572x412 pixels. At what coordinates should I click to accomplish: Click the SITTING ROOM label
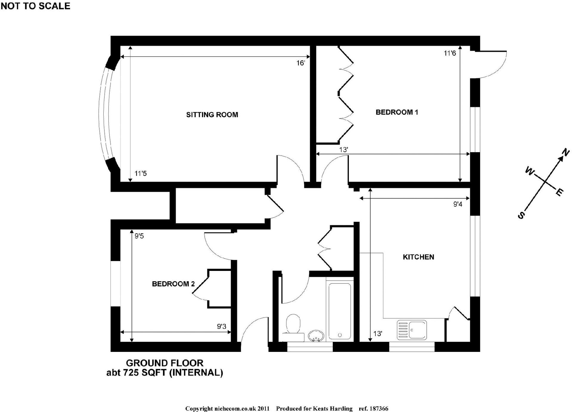(212, 115)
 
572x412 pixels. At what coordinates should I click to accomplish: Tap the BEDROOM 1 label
(397, 112)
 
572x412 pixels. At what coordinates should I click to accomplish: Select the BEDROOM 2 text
(173, 284)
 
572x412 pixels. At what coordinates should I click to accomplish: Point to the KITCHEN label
(418, 257)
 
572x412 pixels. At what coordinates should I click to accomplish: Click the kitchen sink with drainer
(412, 330)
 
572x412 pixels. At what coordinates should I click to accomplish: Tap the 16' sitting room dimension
(301, 63)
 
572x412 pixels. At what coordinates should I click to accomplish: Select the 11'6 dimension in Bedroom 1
(450, 53)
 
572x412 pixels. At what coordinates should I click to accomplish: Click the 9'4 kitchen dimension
(458, 204)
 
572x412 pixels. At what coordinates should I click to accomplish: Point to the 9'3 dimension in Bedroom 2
(222, 327)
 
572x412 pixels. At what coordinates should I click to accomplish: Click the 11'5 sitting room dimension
(141, 174)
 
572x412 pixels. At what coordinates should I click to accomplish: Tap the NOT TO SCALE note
(35, 6)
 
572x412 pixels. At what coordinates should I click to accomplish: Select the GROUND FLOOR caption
(165, 363)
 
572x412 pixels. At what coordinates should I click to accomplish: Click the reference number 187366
(379, 409)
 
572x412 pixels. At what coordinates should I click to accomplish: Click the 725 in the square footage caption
(131, 373)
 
